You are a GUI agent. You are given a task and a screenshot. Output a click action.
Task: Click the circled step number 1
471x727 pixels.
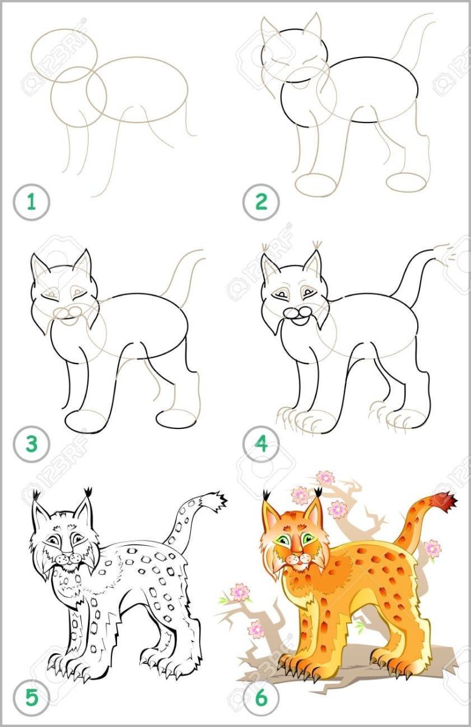pos(32,202)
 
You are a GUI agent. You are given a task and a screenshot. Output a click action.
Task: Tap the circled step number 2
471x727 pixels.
pos(261,202)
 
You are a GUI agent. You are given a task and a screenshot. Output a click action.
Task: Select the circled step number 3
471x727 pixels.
pos(32,444)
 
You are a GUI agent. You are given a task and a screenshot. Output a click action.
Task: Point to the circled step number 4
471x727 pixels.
pos(261,444)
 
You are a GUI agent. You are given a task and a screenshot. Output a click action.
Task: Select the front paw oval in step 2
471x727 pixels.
pos(316,184)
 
